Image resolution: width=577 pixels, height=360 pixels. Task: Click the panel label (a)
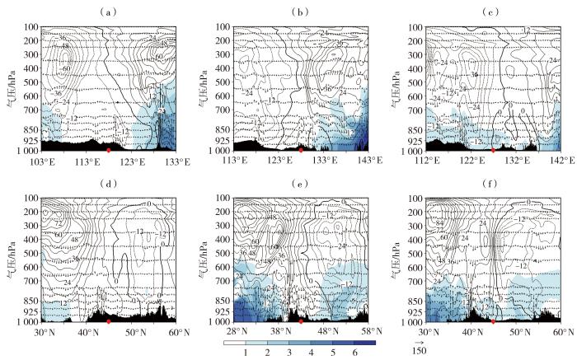click(107, 12)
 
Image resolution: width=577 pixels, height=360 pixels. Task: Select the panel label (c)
click(492, 12)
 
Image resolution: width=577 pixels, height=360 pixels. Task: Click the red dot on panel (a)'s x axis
click(109, 151)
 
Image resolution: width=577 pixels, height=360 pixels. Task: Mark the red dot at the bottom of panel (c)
click(493, 151)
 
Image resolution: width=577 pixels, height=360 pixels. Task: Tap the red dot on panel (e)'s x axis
click(301, 320)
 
